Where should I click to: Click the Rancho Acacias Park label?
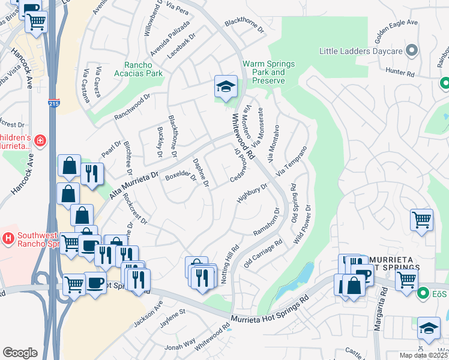pyautogui.click(x=143, y=69)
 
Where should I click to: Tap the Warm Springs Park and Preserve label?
pyautogui.click(x=268, y=72)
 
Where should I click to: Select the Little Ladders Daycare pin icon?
pyautogui.click(x=412, y=50)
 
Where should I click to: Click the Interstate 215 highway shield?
pyautogui.click(x=53, y=104)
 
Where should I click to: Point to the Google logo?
pyautogui.click(x=20, y=353)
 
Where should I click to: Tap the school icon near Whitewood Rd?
pyautogui.click(x=226, y=88)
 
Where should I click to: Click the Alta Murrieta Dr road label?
pyautogui.click(x=133, y=184)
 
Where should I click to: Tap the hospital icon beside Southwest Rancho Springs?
pyautogui.click(x=8, y=239)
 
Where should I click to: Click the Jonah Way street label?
pyautogui.click(x=181, y=344)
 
